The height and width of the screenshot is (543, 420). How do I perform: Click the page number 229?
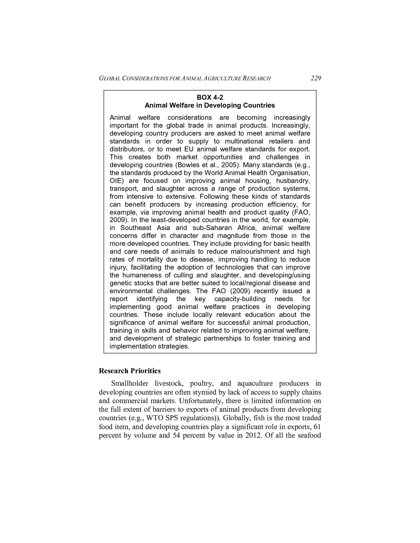[x=316, y=78]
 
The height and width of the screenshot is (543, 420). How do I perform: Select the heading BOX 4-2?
[x=210, y=97]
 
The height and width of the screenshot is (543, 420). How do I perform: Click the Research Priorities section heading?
[x=130, y=371]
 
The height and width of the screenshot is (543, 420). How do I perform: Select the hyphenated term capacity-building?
[x=240, y=299]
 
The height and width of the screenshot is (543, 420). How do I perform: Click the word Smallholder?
[x=129, y=384]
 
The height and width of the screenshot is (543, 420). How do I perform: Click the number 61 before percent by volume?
[x=317, y=427]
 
